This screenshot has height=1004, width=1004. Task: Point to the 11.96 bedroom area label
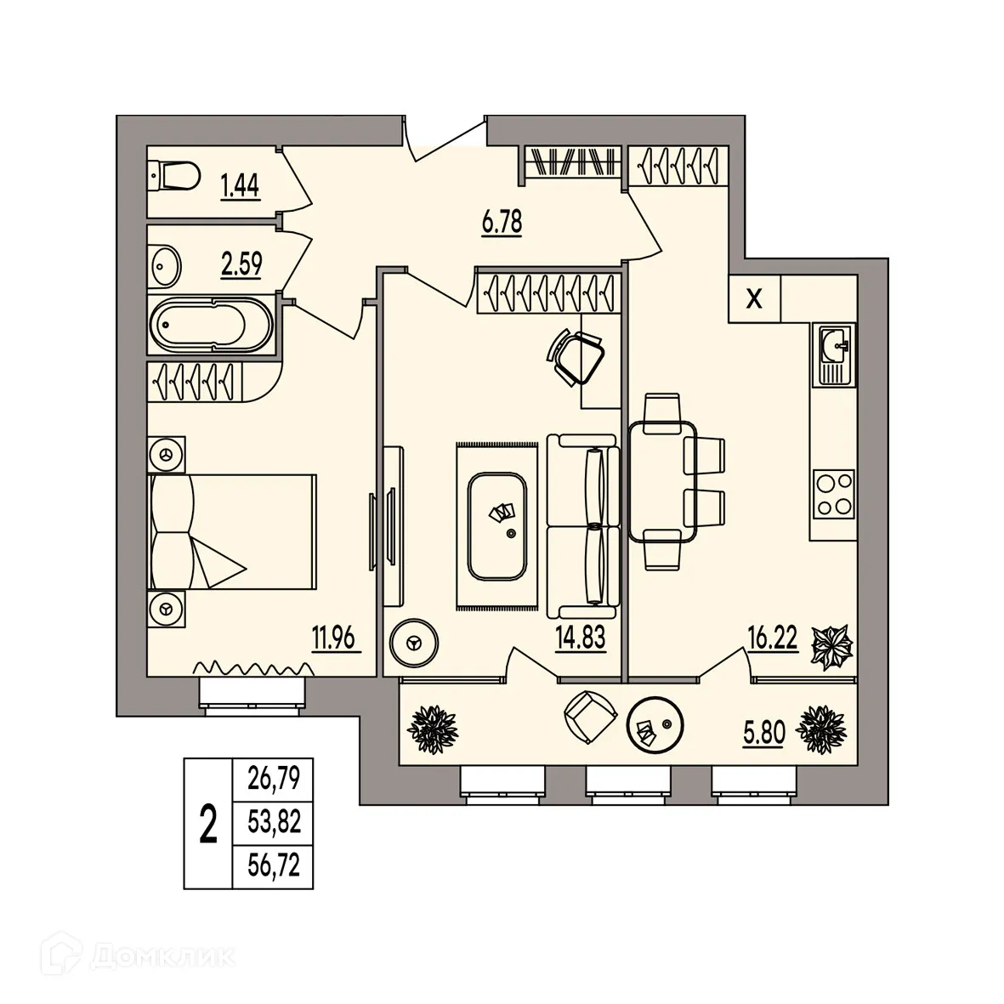click(x=338, y=638)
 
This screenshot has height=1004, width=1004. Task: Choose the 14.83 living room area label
click(x=581, y=638)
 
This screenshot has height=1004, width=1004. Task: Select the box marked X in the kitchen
click(x=753, y=298)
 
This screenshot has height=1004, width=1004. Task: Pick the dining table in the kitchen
click(x=661, y=481)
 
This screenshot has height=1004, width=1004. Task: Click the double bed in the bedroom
click(x=231, y=531)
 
